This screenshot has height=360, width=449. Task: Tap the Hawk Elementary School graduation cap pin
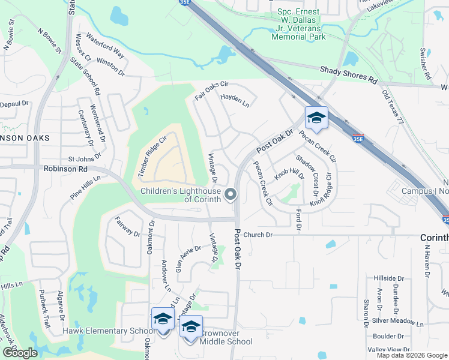(x=162, y=319)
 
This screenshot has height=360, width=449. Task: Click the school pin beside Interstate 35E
(x=316, y=118)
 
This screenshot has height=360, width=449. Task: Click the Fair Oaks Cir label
(x=212, y=91)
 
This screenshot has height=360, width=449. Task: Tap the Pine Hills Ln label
(x=86, y=187)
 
